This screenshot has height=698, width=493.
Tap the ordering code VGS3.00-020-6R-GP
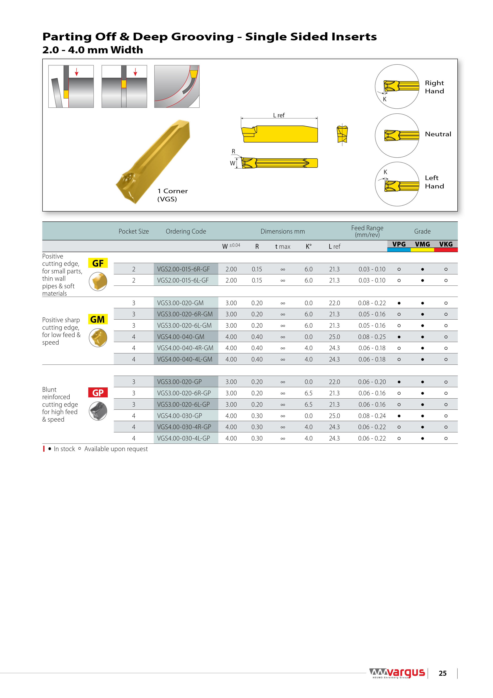coord(184,393)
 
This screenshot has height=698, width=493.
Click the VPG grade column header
coord(399,244)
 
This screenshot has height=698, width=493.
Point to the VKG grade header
coord(446,244)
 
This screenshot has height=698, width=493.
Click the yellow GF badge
coord(98,263)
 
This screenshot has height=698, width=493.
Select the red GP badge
coord(98,392)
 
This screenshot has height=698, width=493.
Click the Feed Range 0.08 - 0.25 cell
coord(372,337)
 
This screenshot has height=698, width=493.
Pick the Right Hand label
coord(434,87)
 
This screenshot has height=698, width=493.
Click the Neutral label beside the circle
coord(438,134)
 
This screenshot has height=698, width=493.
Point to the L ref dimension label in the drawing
coord(279,115)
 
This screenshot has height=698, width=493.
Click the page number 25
coord(442,673)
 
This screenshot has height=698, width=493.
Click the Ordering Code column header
coord(186,231)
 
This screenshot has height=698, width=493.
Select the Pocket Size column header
coord(134,231)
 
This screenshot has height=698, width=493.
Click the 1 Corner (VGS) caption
coord(172,195)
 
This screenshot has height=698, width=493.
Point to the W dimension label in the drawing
coord(232,163)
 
